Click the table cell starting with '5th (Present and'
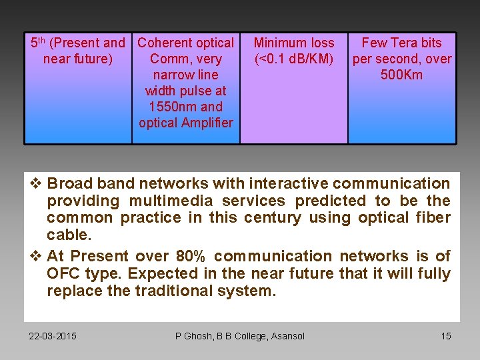[78, 87]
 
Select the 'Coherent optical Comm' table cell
[185, 87]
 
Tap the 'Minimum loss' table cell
[294, 87]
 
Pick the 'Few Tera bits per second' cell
[402, 87]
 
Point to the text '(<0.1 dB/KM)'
[294, 59]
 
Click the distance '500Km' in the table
[401, 75]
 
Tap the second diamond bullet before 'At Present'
[37, 256]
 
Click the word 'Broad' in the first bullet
[70, 183]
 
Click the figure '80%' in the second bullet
[192, 256]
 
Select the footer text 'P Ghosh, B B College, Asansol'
[239, 336]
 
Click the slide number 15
[446, 336]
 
